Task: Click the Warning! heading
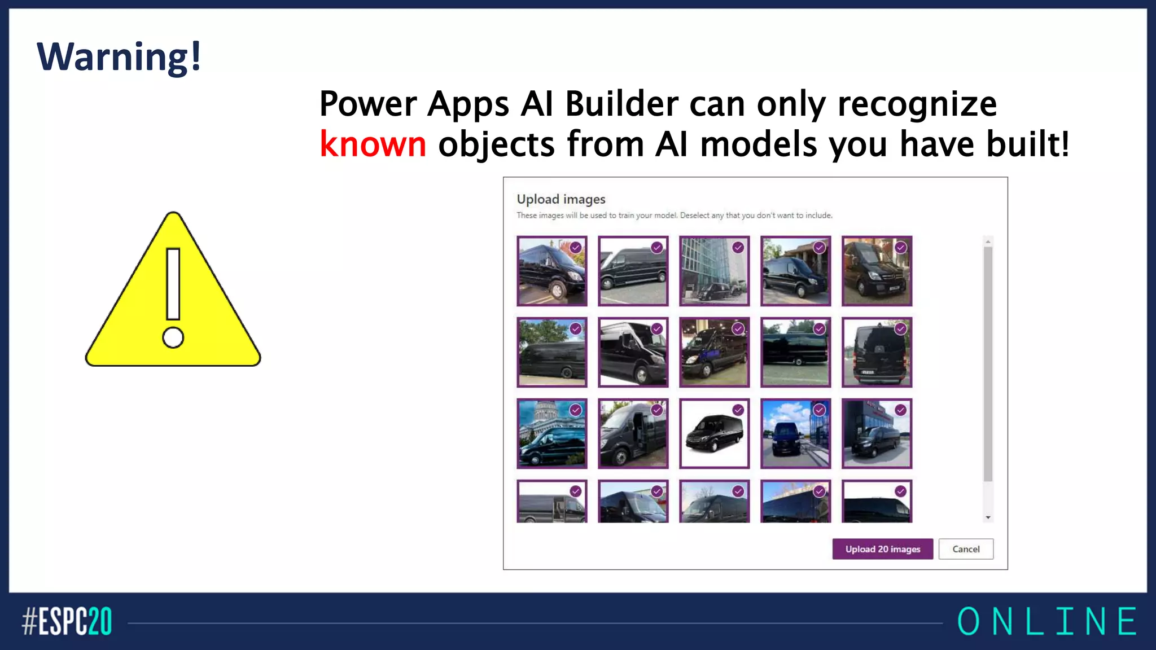coord(119,57)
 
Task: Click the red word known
coord(373,144)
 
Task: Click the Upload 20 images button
coord(882,549)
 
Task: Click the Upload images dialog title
coord(561,199)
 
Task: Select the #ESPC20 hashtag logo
coord(67,621)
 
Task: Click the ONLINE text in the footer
coord(1047,621)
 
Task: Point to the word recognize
coord(917,104)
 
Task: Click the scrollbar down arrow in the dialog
coord(988,517)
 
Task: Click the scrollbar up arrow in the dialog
coord(988,241)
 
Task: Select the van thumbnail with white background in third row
coord(714,433)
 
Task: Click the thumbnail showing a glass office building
coord(714,271)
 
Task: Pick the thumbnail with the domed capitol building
coord(551,433)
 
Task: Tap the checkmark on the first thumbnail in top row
coord(575,247)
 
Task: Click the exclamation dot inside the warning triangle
coord(173,338)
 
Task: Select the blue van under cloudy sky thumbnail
coord(795,433)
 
